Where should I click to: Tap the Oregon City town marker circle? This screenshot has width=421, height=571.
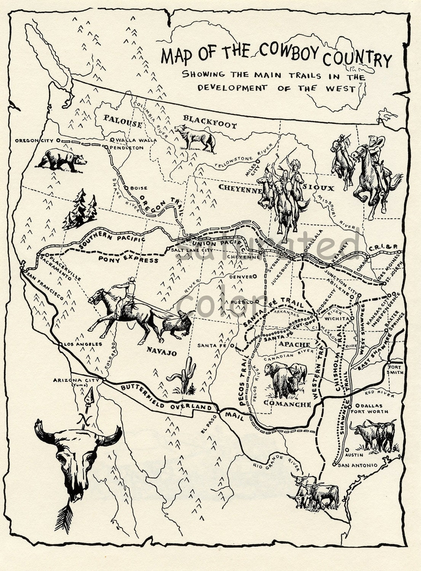[58, 140]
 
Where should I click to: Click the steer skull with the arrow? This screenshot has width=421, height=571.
[78, 457]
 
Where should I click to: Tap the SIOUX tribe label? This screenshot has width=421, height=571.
[324, 188]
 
